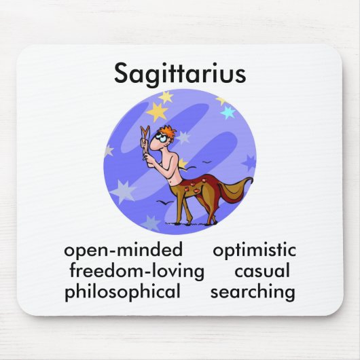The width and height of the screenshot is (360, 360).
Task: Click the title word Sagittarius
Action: point(179,74)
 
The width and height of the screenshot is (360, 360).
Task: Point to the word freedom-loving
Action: point(137,272)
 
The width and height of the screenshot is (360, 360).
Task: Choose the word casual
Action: point(262,272)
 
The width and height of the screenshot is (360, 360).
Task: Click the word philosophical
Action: point(123,293)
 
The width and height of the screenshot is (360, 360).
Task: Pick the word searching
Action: point(253,293)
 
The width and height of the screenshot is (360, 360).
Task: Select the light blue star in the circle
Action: point(228,113)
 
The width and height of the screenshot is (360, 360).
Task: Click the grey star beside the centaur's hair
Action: point(183,137)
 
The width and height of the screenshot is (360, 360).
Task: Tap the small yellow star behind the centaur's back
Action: point(182,164)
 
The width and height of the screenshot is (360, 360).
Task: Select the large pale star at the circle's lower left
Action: point(123,192)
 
